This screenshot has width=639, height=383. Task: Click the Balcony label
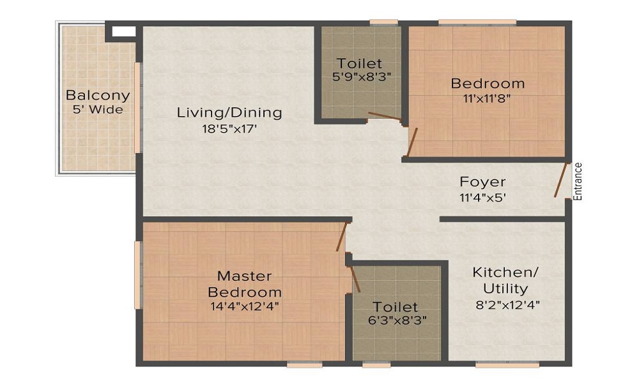tap(98, 96)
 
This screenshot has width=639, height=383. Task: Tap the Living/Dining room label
tap(229, 113)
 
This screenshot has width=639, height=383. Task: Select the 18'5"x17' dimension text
tap(229, 128)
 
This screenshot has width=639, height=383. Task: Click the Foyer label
tap(482, 183)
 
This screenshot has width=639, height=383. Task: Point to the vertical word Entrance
tap(578, 182)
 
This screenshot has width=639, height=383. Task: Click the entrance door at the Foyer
tap(561, 181)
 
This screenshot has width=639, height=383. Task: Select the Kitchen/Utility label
tap(505, 280)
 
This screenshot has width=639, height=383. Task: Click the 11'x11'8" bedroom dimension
tap(488, 98)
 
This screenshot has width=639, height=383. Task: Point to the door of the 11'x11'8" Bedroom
tap(412, 142)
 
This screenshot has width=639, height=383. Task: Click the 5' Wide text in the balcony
tap(98, 109)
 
